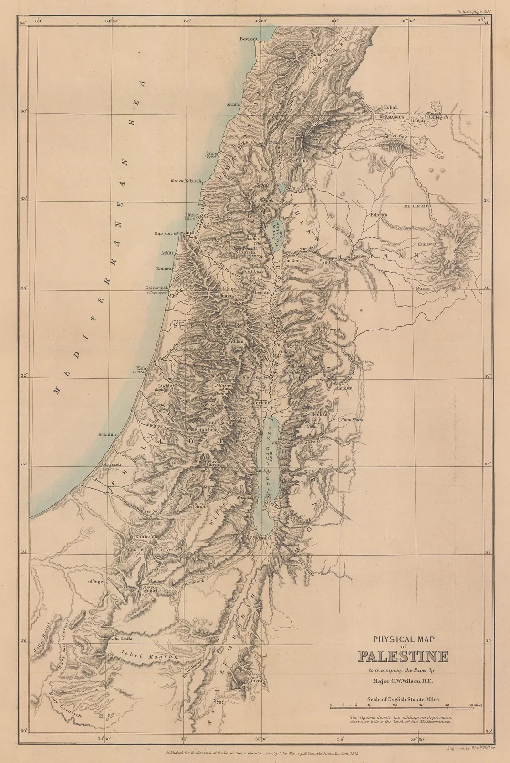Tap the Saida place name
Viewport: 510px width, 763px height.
(233, 103)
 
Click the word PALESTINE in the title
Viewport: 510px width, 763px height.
(403, 657)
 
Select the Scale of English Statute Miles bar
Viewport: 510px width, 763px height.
(406, 705)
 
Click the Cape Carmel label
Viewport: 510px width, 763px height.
(166, 233)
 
